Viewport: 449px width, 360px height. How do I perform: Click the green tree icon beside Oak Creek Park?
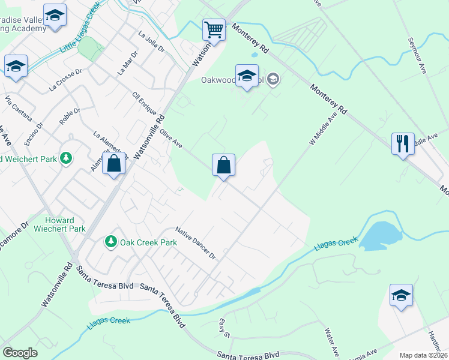(x=110, y=241)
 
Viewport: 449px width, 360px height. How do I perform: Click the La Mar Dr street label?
(x=127, y=62)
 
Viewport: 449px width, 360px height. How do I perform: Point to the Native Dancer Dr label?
(x=195, y=243)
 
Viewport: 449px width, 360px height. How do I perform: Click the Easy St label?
(x=225, y=328)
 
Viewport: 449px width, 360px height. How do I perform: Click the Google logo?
(x=20, y=353)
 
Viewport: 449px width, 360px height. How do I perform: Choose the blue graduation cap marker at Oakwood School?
(x=246, y=77)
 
